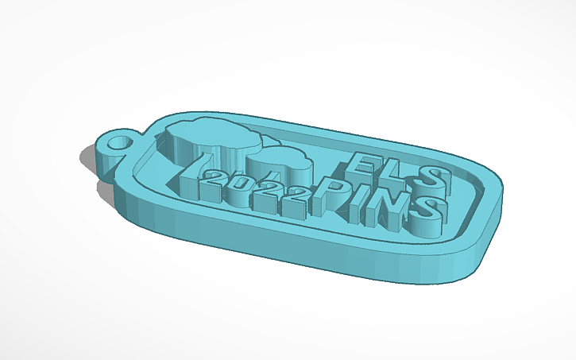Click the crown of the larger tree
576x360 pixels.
213,135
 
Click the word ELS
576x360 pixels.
397,168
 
